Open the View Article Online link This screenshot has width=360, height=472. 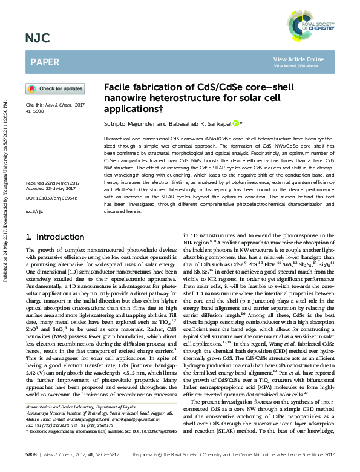(298, 59)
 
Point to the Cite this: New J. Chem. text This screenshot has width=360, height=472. (48, 106)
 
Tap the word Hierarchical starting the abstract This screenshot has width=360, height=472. (119, 139)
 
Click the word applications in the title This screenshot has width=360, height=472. (129, 108)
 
